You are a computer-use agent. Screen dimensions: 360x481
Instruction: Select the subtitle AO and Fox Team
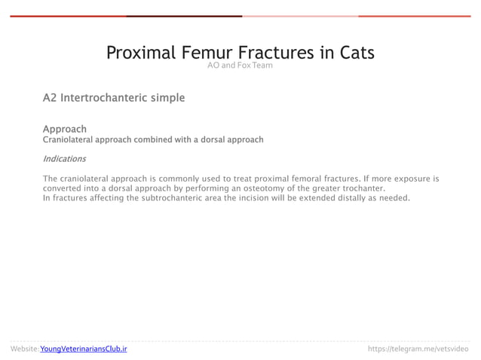point(240,66)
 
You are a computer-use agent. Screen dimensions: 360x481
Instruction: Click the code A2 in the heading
point(50,98)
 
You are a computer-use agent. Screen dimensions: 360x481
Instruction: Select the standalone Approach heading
point(64,129)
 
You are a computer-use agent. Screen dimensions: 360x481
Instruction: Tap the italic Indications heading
point(64,159)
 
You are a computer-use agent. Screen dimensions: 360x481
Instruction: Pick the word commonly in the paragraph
point(183,179)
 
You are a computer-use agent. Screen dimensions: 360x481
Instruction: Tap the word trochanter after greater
point(360,188)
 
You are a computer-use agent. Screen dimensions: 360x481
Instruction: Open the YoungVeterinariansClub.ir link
point(83,349)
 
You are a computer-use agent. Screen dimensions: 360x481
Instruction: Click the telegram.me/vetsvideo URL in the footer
point(417,349)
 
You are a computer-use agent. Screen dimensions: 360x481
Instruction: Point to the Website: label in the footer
point(24,349)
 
